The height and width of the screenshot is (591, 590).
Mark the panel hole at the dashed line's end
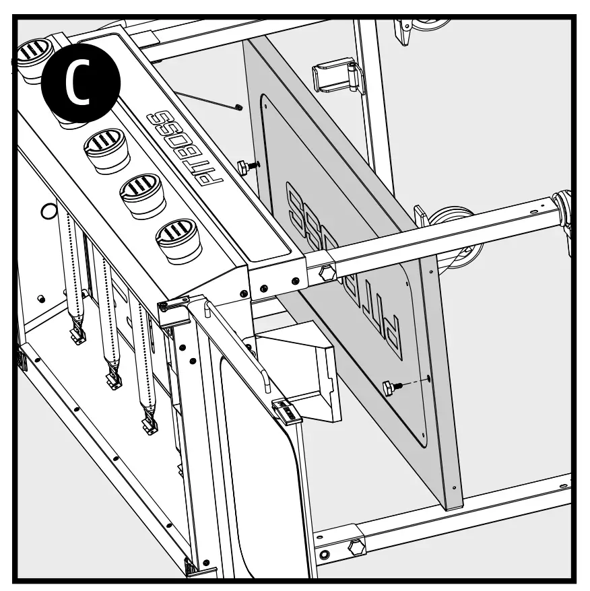(x=429, y=380)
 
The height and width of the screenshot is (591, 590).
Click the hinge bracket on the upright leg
(x=336, y=75)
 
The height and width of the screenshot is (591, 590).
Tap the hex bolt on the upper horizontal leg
(x=328, y=273)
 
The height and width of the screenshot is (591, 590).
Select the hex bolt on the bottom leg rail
(x=356, y=547)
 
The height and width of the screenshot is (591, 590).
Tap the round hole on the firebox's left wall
(x=48, y=211)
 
